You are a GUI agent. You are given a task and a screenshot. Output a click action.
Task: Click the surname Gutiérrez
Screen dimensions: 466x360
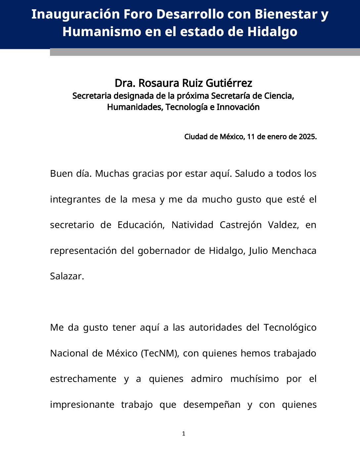pos(229,83)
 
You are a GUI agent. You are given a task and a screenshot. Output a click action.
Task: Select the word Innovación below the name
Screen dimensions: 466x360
pos(238,107)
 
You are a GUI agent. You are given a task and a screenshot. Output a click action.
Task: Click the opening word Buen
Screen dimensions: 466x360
pos(60,173)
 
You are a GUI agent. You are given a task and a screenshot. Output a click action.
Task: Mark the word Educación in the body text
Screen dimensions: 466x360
pos(141,225)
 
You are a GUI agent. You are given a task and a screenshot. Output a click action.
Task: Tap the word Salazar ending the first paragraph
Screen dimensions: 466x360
pos(67,276)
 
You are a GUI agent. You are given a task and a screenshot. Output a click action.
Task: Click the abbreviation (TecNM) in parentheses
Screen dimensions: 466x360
pos(160,353)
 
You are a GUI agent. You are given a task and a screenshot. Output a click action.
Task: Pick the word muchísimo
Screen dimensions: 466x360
pos(254,379)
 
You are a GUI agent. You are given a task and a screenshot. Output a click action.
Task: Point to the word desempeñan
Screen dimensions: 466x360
pos(212,404)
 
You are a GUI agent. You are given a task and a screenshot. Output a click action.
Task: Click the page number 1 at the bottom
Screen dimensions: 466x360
pos(184,434)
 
